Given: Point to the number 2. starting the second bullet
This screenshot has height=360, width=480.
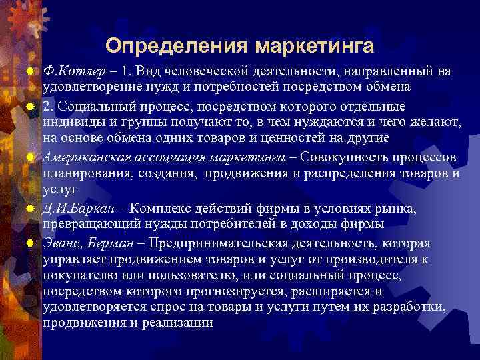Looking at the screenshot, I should (x=49, y=107).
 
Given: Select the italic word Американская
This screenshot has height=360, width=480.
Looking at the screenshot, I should (x=84, y=157).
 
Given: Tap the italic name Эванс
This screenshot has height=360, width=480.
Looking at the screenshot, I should (x=61, y=243).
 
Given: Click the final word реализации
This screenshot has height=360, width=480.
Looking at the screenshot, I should (x=180, y=323).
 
